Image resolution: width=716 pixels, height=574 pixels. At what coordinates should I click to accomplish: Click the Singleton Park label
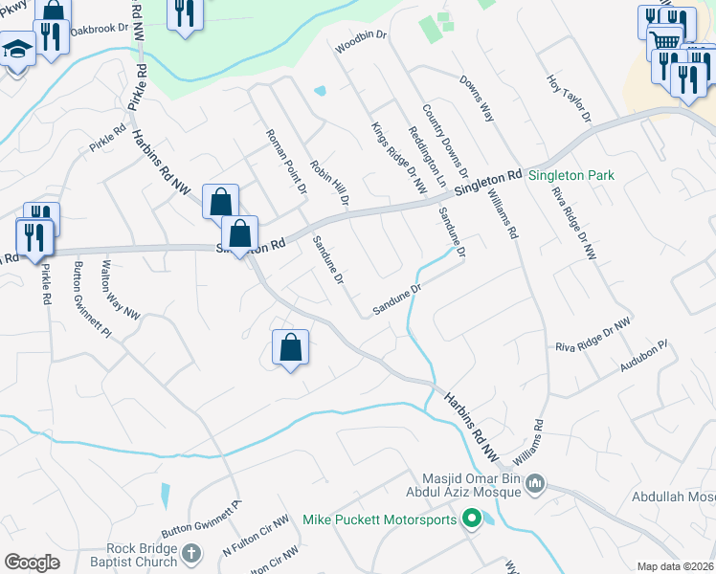[572, 175]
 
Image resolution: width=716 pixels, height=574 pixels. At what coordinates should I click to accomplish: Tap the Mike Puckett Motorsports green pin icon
[471, 519]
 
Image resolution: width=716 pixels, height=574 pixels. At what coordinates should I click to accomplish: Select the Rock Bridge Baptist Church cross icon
[191, 554]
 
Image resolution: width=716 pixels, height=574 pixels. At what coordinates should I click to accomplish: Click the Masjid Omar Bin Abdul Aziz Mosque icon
[535, 485]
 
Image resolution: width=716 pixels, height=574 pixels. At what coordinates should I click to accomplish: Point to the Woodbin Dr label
[361, 39]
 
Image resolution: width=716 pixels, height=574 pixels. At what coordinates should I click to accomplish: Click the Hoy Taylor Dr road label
[570, 100]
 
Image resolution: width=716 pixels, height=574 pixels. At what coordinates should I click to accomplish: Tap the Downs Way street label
[476, 99]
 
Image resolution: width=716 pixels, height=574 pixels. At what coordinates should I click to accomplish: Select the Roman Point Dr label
[285, 162]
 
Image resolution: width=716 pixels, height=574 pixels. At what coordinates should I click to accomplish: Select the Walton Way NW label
[121, 288]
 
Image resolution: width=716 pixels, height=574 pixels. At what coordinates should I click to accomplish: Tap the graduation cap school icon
[17, 49]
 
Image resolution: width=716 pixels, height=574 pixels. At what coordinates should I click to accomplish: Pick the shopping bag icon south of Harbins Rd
[290, 347]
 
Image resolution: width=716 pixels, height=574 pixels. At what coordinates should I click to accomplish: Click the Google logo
[32, 563]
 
